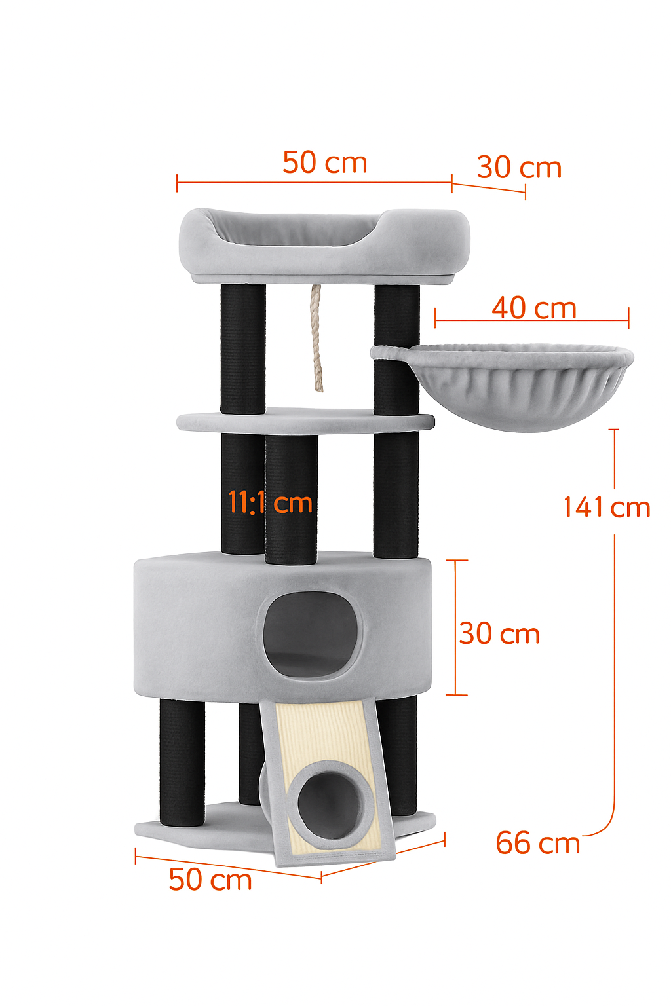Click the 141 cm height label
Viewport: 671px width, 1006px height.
click(607, 507)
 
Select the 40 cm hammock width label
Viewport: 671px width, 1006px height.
click(534, 308)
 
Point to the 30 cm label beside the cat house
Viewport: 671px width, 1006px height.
click(499, 634)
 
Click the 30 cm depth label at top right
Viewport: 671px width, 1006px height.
click(519, 167)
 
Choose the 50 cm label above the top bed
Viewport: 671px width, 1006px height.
click(324, 162)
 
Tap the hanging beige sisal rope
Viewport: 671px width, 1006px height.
click(317, 338)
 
